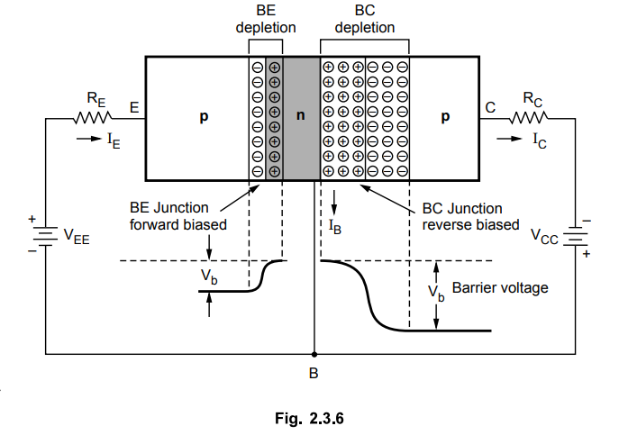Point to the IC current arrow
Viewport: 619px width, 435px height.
pyautogui.click(x=510, y=140)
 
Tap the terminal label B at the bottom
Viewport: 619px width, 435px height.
pyautogui.click(x=314, y=373)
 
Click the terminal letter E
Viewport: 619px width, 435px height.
pyautogui.click(x=133, y=107)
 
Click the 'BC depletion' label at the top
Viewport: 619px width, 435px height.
pyautogui.click(x=364, y=21)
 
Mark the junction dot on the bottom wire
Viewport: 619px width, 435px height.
pyautogui.click(x=314, y=354)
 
